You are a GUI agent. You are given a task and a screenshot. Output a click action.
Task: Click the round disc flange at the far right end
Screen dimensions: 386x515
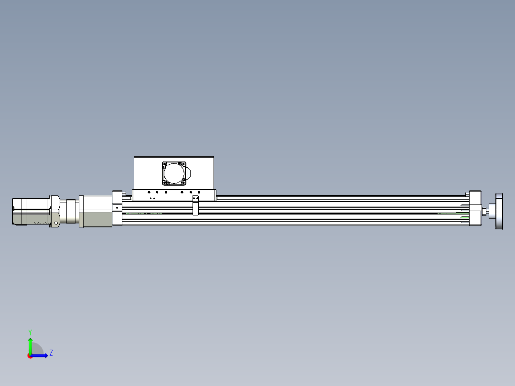500,211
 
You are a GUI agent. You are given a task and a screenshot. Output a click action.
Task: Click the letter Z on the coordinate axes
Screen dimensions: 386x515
51,353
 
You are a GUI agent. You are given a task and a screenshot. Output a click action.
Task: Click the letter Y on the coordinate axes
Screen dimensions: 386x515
30,332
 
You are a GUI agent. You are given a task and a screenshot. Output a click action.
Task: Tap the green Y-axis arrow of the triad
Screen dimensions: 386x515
30,344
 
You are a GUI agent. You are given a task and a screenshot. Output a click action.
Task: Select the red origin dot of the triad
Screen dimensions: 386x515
30,356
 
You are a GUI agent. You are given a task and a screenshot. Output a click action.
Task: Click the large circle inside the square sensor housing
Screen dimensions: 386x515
174,173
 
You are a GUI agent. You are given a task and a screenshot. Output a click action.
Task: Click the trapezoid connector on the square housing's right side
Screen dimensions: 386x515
188,173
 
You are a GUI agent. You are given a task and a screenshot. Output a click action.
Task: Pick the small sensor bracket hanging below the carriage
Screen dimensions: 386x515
195,209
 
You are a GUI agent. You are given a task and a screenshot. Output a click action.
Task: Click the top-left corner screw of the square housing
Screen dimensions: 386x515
165,164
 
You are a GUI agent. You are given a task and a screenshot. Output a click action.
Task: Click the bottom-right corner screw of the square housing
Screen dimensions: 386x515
183,182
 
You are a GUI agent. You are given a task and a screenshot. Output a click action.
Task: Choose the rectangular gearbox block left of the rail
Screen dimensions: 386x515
96,211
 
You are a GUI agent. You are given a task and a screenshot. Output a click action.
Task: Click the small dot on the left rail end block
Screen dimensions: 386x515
117,208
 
